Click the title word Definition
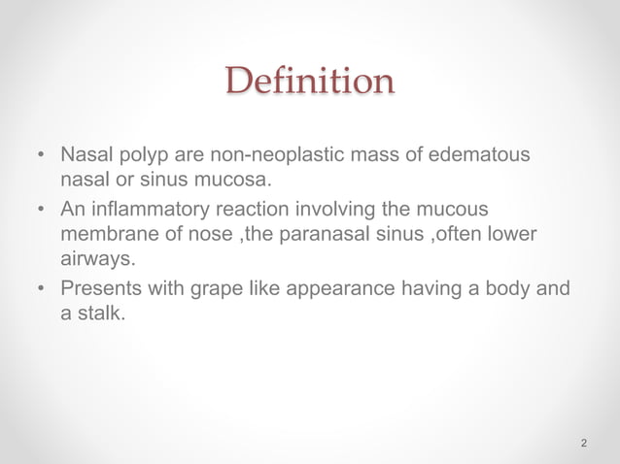[x=310, y=81]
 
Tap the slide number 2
[x=583, y=444]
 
